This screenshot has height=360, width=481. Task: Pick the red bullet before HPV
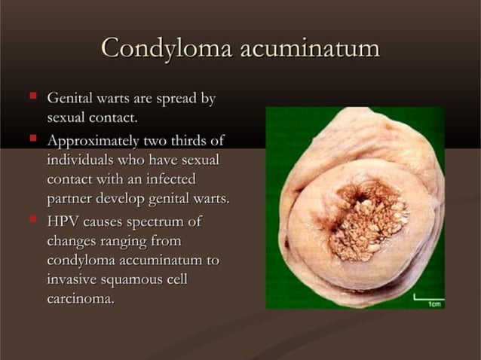[x=33, y=219]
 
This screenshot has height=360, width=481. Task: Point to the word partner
[x=70, y=200]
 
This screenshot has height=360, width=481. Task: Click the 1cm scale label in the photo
[x=434, y=304]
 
